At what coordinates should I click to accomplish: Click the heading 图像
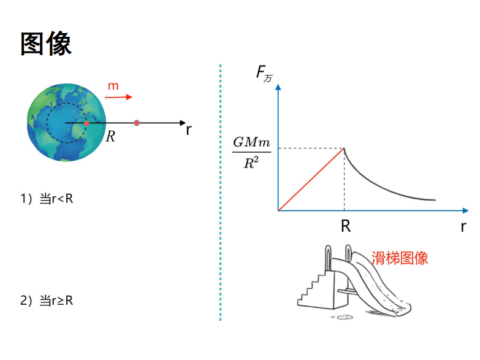46,43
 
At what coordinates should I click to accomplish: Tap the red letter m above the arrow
113,86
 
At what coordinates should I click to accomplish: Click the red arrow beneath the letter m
118,97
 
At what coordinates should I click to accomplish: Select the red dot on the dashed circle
86,123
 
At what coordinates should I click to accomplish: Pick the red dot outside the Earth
137,123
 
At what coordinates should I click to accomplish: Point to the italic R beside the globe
110,137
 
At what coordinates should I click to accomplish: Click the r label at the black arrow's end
189,130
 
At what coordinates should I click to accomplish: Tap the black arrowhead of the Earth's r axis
183,123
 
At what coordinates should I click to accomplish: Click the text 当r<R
56,199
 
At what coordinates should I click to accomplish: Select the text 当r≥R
56,301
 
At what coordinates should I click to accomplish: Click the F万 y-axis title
264,74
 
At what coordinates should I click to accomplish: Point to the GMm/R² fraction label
251,152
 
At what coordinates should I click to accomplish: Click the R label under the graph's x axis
346,226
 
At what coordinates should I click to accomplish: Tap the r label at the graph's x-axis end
463,227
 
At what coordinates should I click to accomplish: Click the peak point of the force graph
344,148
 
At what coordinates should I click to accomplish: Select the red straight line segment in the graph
311,180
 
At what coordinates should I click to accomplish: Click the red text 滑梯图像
400,258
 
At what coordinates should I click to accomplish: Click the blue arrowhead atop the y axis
278,87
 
